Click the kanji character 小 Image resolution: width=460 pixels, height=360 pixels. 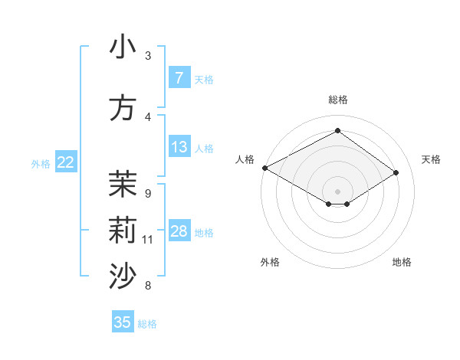(x=123, y=47)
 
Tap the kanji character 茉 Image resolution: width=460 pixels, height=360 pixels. (x=123, y=185)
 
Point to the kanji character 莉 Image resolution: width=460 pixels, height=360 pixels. (x=123, y=231)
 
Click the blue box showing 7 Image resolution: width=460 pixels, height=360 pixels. (x=179, y=77)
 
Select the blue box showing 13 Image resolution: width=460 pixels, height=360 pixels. (x=179, y=147)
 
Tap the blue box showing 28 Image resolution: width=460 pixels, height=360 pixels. (x=179, y=231)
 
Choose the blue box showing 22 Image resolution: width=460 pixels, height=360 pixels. (x=66, y=162)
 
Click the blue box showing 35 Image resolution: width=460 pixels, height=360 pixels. (x=123, y=322)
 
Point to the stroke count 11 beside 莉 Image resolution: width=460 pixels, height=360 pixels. (x=148, y=240)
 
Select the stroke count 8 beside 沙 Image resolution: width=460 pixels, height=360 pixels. (x=147, y=286)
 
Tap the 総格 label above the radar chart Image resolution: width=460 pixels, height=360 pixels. (x=337, y=100)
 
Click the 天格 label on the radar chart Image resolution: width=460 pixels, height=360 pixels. (x=431, y=159)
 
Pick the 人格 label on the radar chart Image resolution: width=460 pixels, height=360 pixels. (x=245, y=159)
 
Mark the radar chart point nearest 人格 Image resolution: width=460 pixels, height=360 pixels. (x=264, y=168)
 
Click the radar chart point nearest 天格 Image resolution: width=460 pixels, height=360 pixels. (x=396, y=172)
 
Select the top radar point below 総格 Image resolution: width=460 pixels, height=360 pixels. (x=337, y=131)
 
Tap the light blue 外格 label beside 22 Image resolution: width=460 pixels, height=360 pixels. (x=41, y=163)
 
